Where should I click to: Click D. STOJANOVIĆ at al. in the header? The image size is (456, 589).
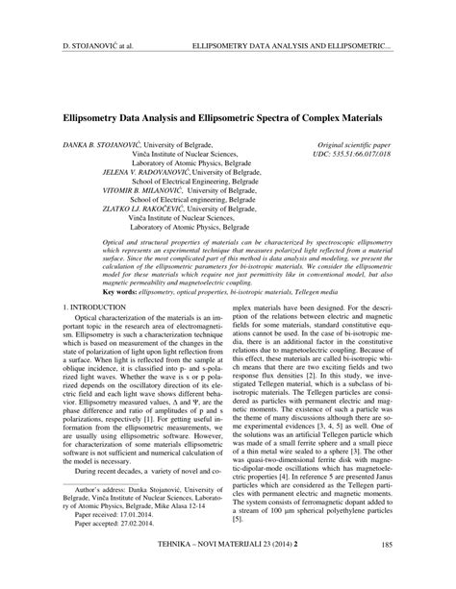tap(94, 45)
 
